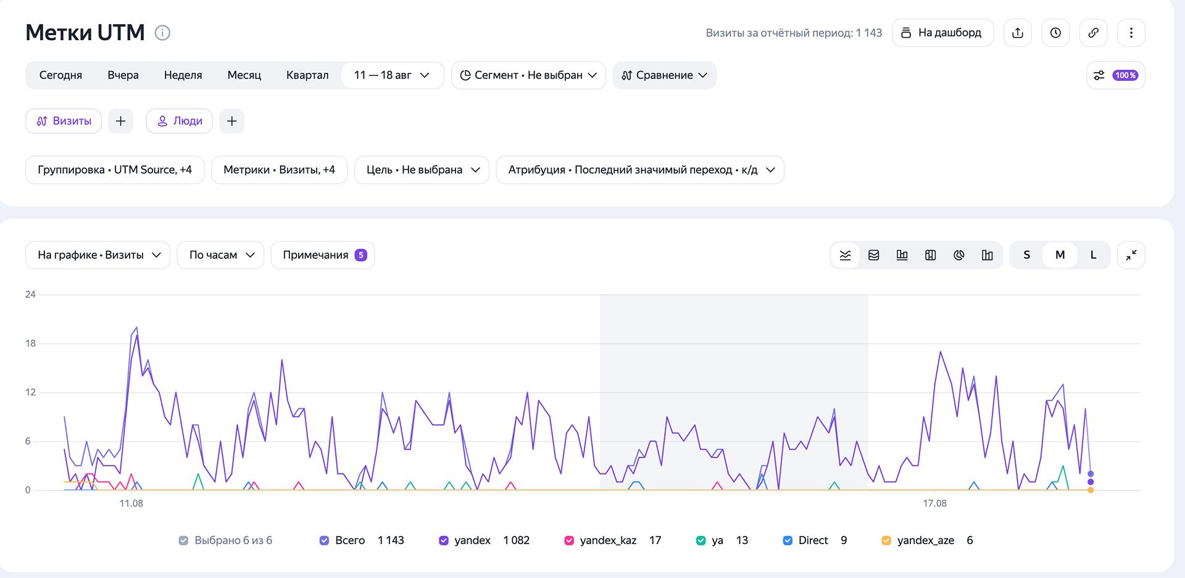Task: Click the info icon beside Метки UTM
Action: click(x=162, y=33)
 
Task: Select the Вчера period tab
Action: click(x=123, y=75)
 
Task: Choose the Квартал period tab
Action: click(x=307, y=75)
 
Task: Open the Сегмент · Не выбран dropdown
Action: click(x=528, y=75)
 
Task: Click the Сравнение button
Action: click(x=664, y=75)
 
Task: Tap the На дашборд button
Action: click(x=942, y=33)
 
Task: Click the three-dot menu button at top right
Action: click(x=1131, y=33)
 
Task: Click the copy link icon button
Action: click(x=1093, y=33)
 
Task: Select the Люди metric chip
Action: click(x=180, y=121)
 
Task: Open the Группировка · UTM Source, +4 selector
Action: click(x=115, y=170)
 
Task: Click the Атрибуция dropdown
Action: click(x=640, y=170)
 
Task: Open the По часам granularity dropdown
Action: click(x=220, y=255)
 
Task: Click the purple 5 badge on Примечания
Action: click(x=361, y=255)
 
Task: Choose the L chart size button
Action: click(x=1093, y=255)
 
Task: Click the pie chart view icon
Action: click(x=958, y=255)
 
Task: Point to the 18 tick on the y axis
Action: click(x=30, y=343)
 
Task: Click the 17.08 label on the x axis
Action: click(x=934, y=503)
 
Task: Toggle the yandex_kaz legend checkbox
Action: click(x=569, y=540)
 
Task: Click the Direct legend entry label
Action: click(x=813, y=540)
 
